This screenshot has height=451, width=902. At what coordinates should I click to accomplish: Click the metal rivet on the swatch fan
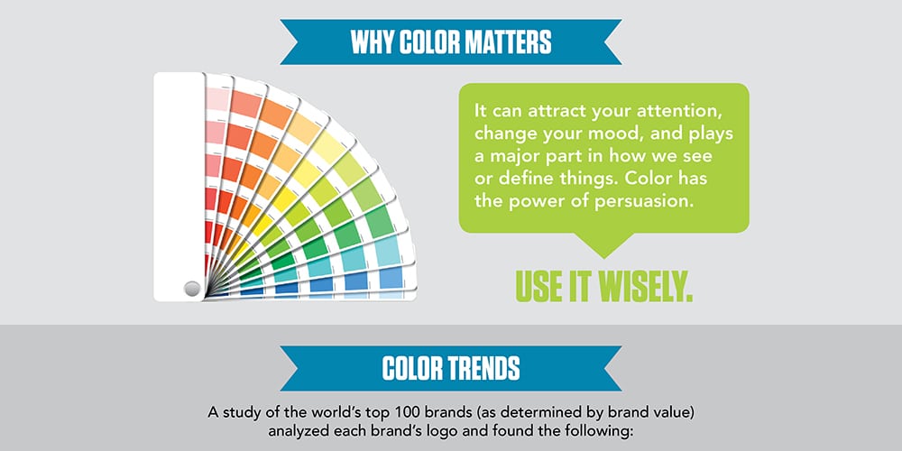[x=191, y=289]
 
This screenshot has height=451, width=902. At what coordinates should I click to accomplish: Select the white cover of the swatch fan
[x=179, y=180]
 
